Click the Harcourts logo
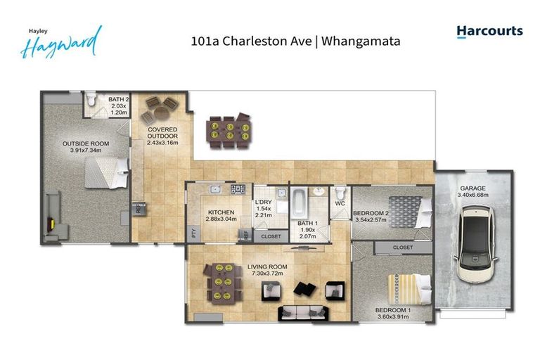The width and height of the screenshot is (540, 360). tap(489, 32)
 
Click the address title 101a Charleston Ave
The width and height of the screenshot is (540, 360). tap(295, 41)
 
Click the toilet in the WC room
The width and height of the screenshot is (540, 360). tap(341, 194)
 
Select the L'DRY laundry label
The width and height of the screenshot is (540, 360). tap(263, 202)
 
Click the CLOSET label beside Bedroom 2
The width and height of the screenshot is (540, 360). tap(403, 247)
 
